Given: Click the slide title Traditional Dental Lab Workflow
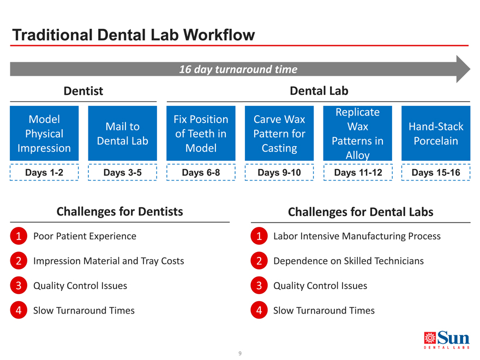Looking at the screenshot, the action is [134, 35].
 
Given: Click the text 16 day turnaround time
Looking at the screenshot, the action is [238, 69].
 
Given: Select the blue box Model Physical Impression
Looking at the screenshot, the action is [44, 133].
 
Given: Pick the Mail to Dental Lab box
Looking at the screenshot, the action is [122, 133].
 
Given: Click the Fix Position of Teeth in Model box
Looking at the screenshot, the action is [201, 133].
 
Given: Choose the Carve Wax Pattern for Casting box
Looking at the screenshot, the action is [279, 133].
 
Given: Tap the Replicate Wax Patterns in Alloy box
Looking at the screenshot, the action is [358, 133].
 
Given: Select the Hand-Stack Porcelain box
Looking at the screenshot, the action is [436, 133].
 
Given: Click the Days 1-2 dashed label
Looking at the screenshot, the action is [44, 172].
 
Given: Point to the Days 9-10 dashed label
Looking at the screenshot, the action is [279, 172].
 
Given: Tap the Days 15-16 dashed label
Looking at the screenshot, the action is [436, 172].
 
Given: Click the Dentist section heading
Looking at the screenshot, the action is [83, 91].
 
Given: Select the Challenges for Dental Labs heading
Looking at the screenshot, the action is [361, 212].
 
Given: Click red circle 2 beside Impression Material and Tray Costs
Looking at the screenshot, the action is [19, 261].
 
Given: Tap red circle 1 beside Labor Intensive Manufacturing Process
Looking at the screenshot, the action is [259, 236].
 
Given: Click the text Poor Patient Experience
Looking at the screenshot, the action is [85, 236].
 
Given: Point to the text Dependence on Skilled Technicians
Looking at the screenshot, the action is [349, 261].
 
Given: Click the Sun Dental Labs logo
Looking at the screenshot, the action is [447, 340].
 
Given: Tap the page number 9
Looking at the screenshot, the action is [240, 353].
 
